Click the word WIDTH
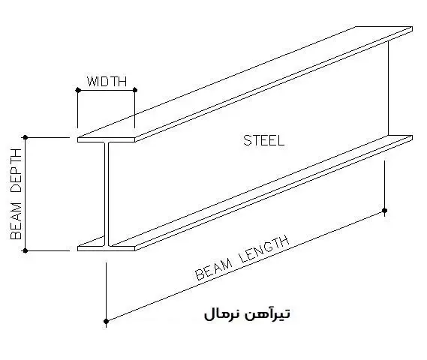[107, 82]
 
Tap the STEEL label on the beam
[263, 141]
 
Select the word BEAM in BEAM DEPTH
[16, 221]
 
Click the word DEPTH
[16, 170]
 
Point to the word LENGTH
[265, 250]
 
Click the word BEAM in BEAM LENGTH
[214, 270]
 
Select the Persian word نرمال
[221, 314]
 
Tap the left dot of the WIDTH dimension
[78, 90]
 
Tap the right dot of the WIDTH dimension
[135, 90]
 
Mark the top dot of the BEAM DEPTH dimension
[26, 137]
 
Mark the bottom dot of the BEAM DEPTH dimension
[26, 250]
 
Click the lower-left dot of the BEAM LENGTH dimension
[107, 322]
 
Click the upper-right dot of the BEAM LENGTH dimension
[384, 210]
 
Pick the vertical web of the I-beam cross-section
[107, 194]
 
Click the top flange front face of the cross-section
[107, 139]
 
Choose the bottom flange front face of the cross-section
[107, 248]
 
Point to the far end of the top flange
[412, 29]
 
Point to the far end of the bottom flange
[412, 138]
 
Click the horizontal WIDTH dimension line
[107, 90]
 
